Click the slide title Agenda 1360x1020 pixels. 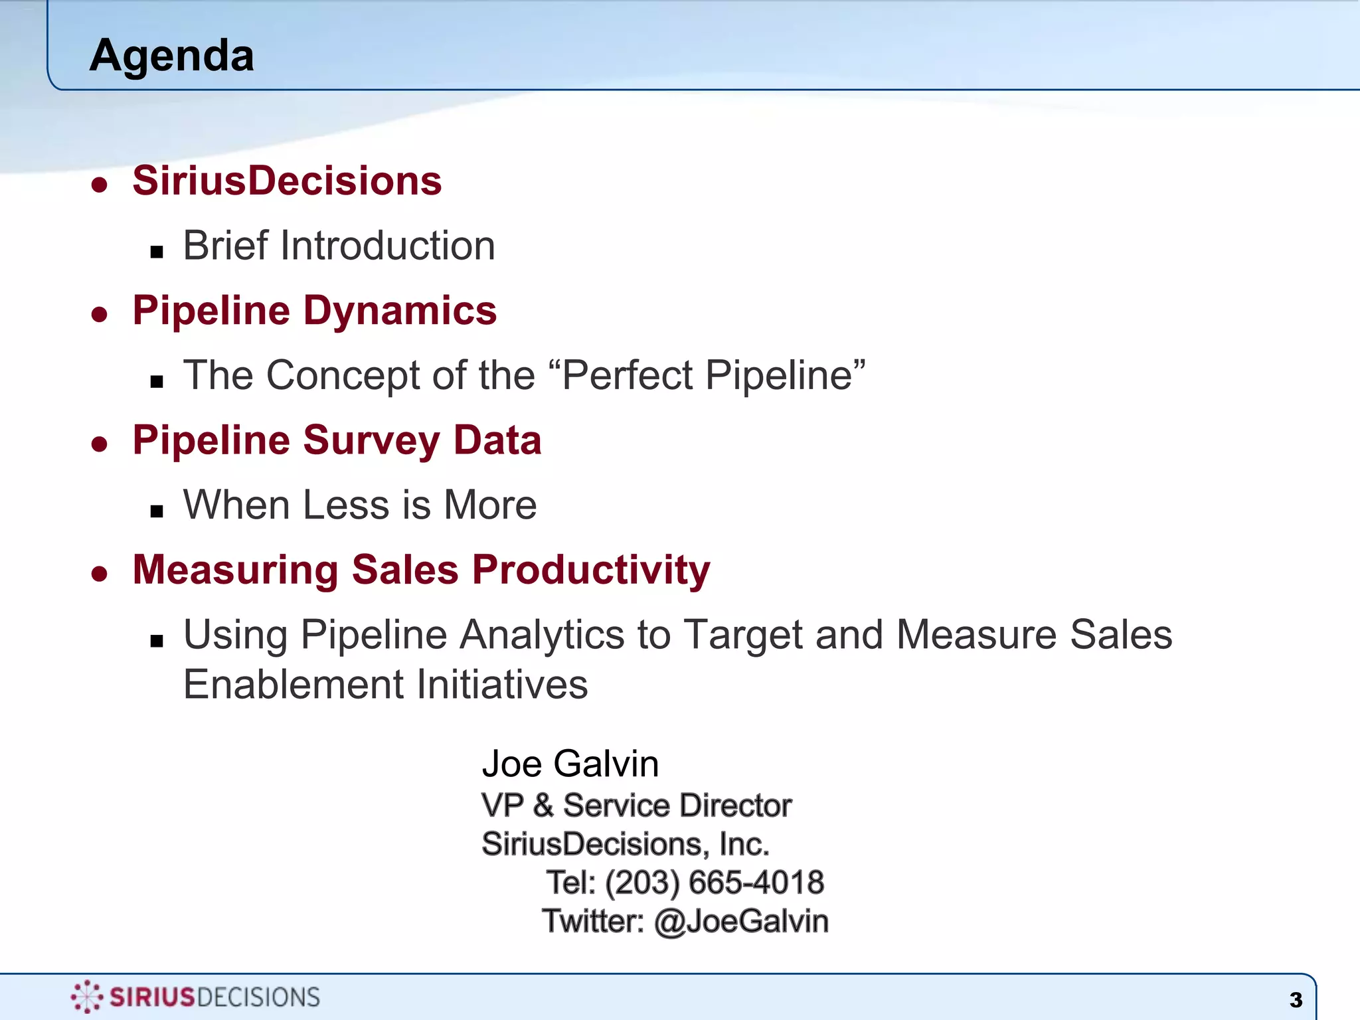click(171, 56)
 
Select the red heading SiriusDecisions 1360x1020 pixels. click(287, 181)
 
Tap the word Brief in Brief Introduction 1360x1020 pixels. click(225, 246)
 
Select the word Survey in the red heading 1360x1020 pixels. click(371, 441)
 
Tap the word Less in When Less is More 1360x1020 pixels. click(345, 505)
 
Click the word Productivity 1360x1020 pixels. click(591, 570)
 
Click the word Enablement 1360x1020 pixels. click(292, 685)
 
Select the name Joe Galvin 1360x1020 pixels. click(570, 764)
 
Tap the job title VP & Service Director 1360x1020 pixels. click(636, 806)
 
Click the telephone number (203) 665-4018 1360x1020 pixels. click(715, 883)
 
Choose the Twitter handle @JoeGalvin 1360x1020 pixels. click(741, 922)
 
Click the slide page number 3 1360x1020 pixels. click(1296, 1000)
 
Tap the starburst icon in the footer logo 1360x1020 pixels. click(86, 997)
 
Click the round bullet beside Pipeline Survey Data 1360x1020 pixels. click(100, 444)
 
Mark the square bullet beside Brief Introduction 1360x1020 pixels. click(157, 252)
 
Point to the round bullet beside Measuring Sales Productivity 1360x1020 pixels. click(100, 573)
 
